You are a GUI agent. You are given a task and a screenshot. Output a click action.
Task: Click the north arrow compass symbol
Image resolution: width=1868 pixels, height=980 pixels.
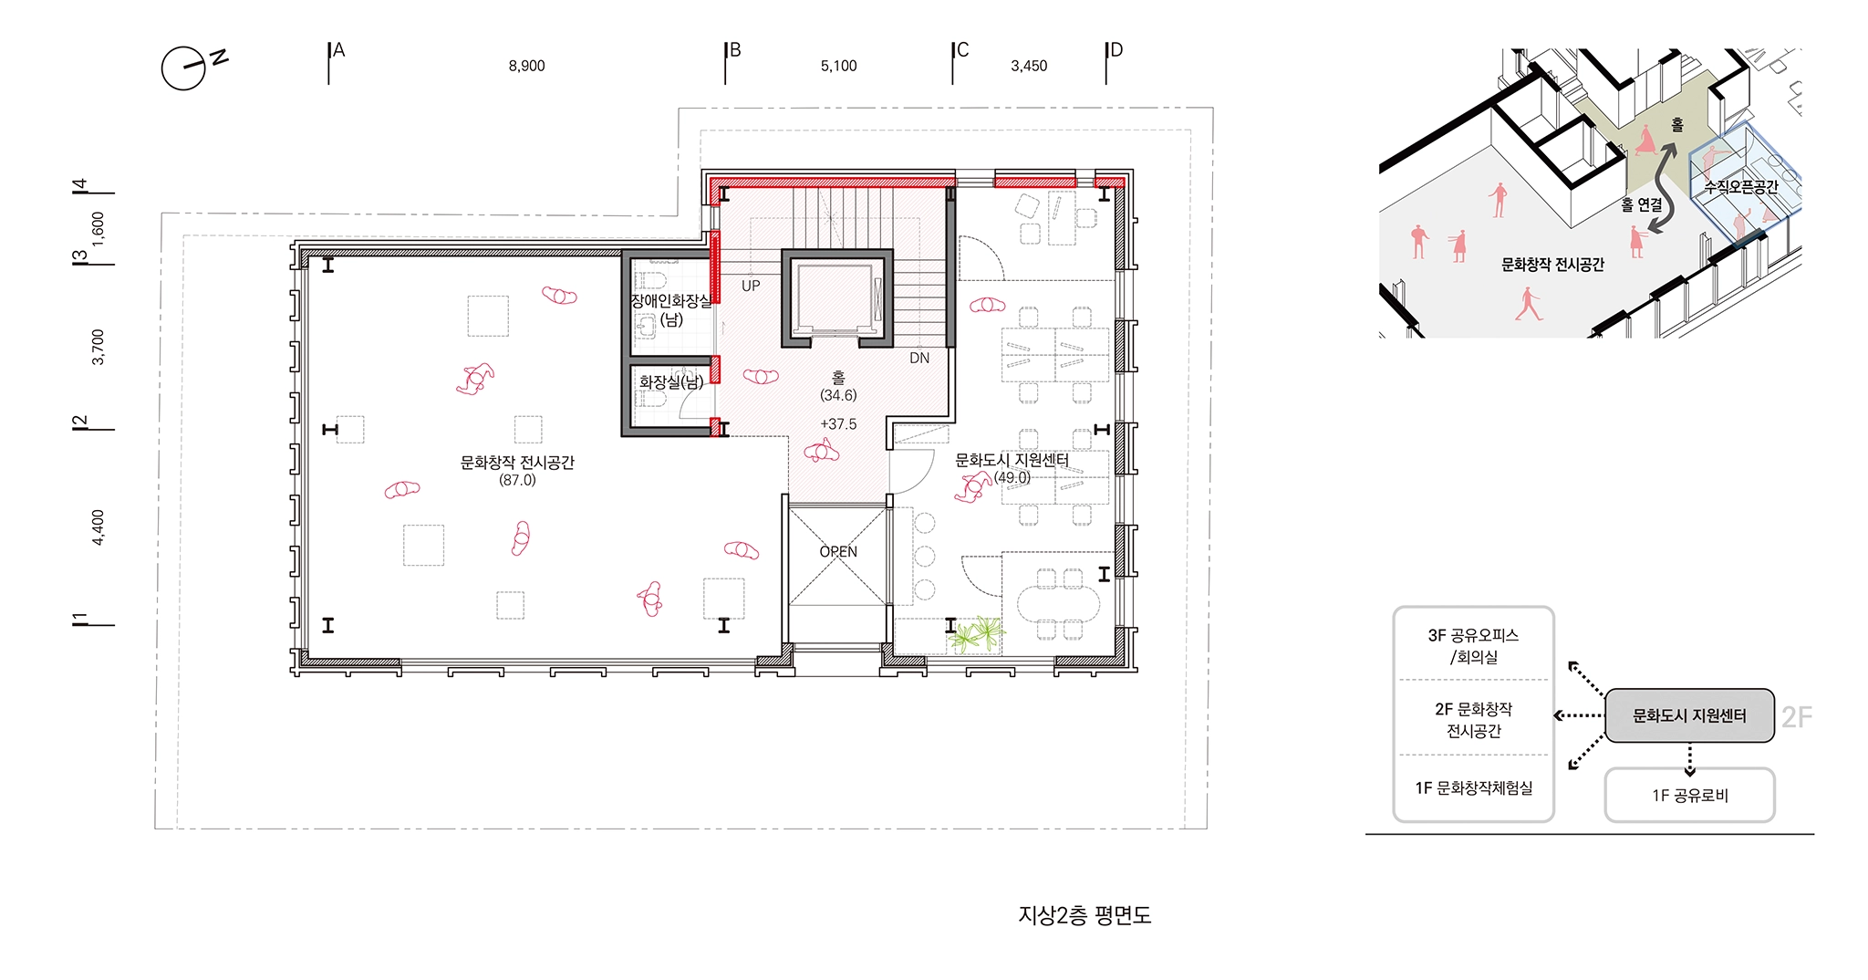tap(184, 68)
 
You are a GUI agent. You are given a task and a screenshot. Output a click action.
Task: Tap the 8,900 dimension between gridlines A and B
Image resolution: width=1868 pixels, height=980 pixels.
tap(526, 67)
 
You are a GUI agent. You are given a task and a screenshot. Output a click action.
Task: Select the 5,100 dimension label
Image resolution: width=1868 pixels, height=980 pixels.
tap(838, 67)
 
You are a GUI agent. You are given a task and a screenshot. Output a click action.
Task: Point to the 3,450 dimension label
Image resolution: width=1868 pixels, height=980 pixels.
tap(1029, 67)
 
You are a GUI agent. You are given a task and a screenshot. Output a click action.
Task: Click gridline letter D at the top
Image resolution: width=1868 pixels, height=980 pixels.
tap(1116, 50)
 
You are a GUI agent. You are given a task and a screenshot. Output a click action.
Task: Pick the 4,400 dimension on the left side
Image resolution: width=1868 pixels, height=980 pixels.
tap(99, 527)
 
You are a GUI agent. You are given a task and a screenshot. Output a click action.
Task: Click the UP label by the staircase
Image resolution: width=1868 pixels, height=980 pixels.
tap(751, 286)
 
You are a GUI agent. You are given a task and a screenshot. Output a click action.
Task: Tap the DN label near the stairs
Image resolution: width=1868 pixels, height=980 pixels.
tap(919, 359)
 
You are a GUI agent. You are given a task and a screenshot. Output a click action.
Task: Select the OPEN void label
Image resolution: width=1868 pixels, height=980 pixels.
tap(838, 552)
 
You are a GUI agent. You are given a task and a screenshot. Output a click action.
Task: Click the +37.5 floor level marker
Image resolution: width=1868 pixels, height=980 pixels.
tap(838, 424)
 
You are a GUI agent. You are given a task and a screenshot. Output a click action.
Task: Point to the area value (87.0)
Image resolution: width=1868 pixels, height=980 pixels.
tap(517, 480)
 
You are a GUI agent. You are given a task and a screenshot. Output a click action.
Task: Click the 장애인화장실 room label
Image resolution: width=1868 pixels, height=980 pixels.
tap(671, 301)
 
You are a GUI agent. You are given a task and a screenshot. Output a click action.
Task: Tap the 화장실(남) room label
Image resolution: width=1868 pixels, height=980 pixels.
tap(671, 382)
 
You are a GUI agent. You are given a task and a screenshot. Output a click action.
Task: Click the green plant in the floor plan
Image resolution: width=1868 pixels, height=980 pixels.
tap(977, 633)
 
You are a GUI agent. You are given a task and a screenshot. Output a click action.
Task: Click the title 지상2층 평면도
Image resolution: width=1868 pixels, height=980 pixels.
tap(1084, 915)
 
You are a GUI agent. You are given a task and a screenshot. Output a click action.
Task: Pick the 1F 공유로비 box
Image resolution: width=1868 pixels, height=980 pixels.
tap(1689, 795)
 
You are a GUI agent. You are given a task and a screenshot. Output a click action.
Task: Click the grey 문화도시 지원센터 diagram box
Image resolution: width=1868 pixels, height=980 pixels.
tap(1689, 715)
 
